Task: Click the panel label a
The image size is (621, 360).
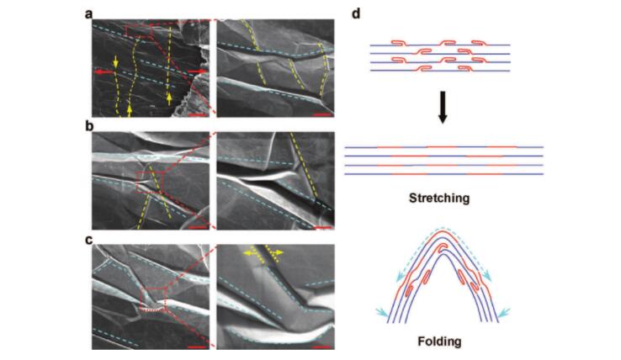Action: click(x=88, y=14)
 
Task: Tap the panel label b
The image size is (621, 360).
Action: click(x=88, y=126)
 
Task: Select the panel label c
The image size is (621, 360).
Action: click(x=88, y=240)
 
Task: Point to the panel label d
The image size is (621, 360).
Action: click(x=356, y=13)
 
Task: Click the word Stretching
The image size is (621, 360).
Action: click(x=439, y=198)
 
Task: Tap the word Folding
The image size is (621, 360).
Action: click(x=439, y=341)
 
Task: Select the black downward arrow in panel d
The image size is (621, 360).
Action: click(x=443, y=108)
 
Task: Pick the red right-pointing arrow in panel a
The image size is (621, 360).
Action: click(x=197, y=71)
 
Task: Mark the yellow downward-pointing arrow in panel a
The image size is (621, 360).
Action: click(x=115, y=61)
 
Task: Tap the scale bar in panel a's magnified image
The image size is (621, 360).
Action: click(x=323, y=115)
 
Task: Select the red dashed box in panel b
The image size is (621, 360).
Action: click(x=149, y=183)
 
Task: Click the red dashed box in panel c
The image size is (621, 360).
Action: click(x=153, y=299)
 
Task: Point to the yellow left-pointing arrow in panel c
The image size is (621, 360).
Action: click(x=249, y=253)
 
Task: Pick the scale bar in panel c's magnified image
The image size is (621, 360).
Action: click(x=323, y=347)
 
